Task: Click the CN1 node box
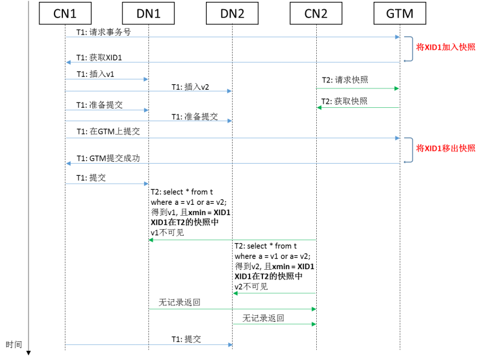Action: click(x=65, y=13)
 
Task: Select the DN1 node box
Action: click(x=148, y=13)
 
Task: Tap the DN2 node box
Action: click(x=232, y=13)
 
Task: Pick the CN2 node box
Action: click(x=316, y=13)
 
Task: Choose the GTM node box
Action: click(x=400, y=13)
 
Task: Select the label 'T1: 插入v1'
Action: click(x=96, y=74)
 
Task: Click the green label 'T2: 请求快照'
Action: click(x=344, y=80)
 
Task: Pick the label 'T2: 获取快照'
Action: click(x=344, y=101)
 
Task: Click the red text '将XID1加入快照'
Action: click(x=446, y=47)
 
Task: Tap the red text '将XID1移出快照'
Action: click(x=446, y=148)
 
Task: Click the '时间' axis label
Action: click(x=14, y=345)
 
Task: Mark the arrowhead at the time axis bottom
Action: click(x=28, y=352)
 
